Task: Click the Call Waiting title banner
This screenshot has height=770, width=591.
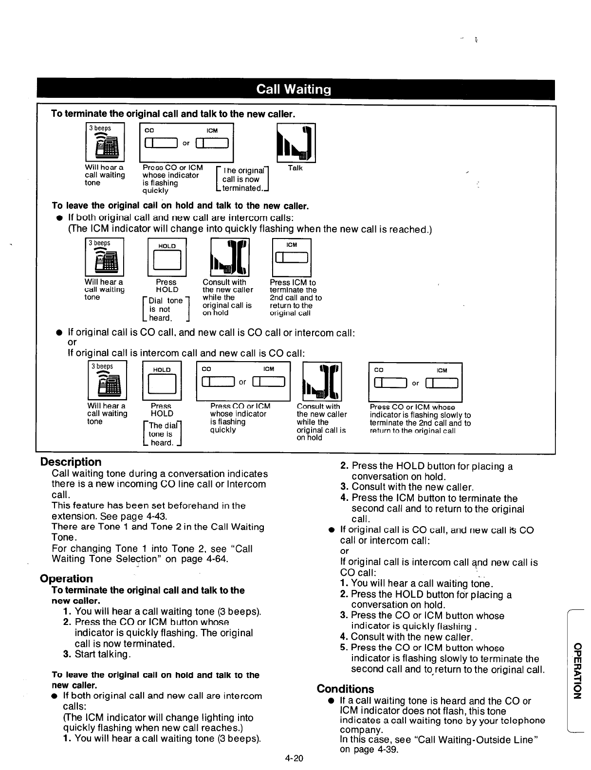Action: coord(294,90)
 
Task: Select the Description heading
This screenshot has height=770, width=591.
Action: coord(71,462)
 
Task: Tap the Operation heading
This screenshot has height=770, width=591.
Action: coord(66,579)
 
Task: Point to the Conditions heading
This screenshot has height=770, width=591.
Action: coord(345,689)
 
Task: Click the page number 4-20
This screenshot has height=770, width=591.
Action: coord(295,758)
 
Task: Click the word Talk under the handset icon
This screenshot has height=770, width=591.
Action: coord(295,168)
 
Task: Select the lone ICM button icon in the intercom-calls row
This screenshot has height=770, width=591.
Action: coord(292,257)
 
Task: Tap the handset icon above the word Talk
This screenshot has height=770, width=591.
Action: coord(296,143)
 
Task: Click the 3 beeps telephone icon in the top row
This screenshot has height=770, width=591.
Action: coord(105,143)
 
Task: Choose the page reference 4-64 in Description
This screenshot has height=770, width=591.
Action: coord(217,559)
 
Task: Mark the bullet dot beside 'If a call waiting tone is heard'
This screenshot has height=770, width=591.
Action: coord(331,701)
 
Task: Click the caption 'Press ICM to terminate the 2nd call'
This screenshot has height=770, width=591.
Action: coord(295,297)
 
